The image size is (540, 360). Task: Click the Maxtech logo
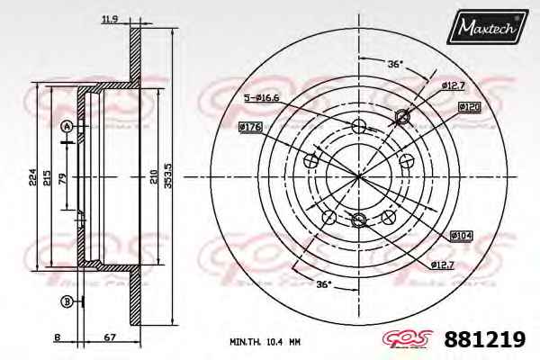point(487,27)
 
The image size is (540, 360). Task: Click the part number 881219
point(485,339)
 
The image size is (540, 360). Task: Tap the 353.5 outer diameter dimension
point(168,175)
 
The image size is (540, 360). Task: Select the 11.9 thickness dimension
point(110,19)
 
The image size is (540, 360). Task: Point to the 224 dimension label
point(32,177)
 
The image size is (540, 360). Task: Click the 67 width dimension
point(110,337)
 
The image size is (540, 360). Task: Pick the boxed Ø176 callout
point(250,127)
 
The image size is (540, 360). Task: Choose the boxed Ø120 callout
point(470,107)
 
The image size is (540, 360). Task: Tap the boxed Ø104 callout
point(462,236)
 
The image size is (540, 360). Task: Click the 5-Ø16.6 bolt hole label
point(261,98)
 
